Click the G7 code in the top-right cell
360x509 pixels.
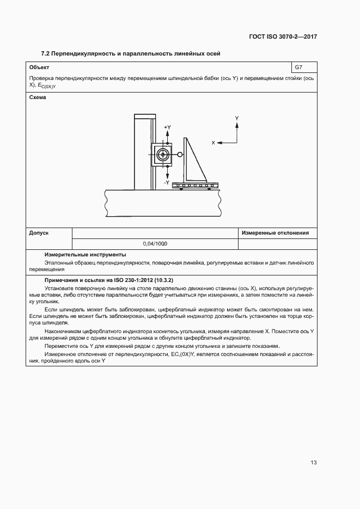(x=298, y=68)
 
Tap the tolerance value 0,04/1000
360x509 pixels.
(x=155, y=243)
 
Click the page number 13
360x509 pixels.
(x=313, y=463)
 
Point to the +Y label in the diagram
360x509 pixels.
(x=167, y=127)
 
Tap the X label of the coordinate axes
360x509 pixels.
(x=213, y=143)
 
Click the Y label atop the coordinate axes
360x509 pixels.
(x=237, y=118)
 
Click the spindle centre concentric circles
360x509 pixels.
(x=162, y=155)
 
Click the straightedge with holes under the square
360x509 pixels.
(x=195, y=186)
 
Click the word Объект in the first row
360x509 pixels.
(x=39, y=68)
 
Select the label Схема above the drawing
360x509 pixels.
(x=38, y=97)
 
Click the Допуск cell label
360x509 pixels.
(x=39, y=232)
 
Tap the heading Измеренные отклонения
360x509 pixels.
(x=275, y=232)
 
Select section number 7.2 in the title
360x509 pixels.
(x=46, y=53)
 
